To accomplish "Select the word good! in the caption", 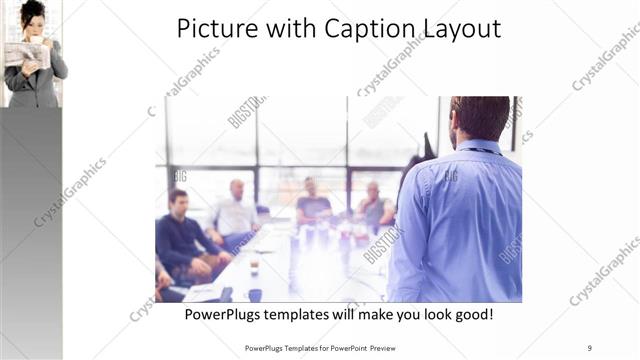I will (x=470, y=314).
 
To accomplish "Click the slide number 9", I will (x=590, y=348).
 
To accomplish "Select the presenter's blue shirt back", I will (x=460, y=225).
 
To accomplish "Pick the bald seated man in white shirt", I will (x=236, y=210).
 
